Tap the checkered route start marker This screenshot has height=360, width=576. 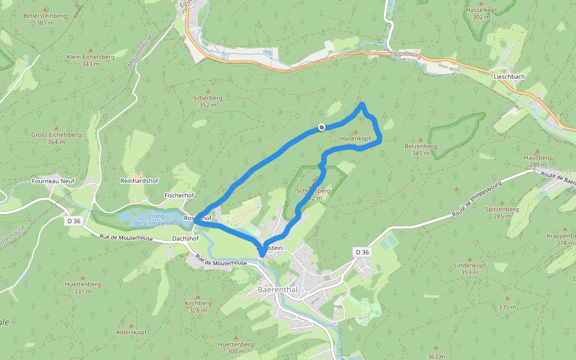pyautogui.click(x=322, y=127)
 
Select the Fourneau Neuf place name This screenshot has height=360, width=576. pyautogui.click(x=53, y=180)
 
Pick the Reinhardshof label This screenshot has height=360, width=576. pyautogui.click(x=139, y=180)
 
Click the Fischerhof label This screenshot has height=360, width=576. pyautogui.click(x=179, y=196)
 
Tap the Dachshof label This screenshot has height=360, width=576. pyautogui.click(x=185, y=238)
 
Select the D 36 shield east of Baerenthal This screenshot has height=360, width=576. pyautogui.click(x=362, y=252)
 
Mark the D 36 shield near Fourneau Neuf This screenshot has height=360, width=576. pyautogui.click(x=74, y=221)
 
